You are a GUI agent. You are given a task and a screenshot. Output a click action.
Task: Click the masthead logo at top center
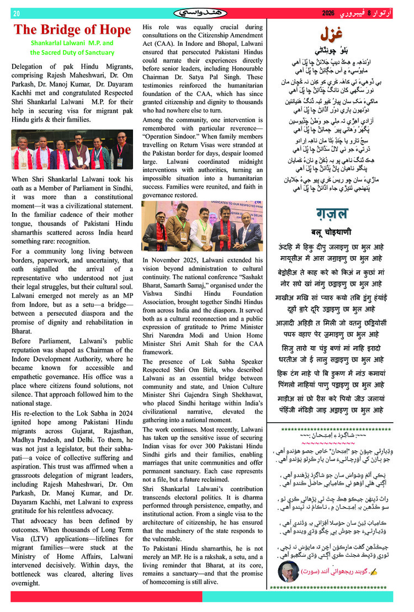[x=200, y=13]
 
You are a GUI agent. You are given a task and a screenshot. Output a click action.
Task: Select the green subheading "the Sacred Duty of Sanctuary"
[x=72, y=53]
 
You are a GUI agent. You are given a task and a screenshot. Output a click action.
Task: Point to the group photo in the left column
[x=72, y=150]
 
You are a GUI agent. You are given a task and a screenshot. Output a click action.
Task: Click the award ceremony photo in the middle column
[x=202, y=226]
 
